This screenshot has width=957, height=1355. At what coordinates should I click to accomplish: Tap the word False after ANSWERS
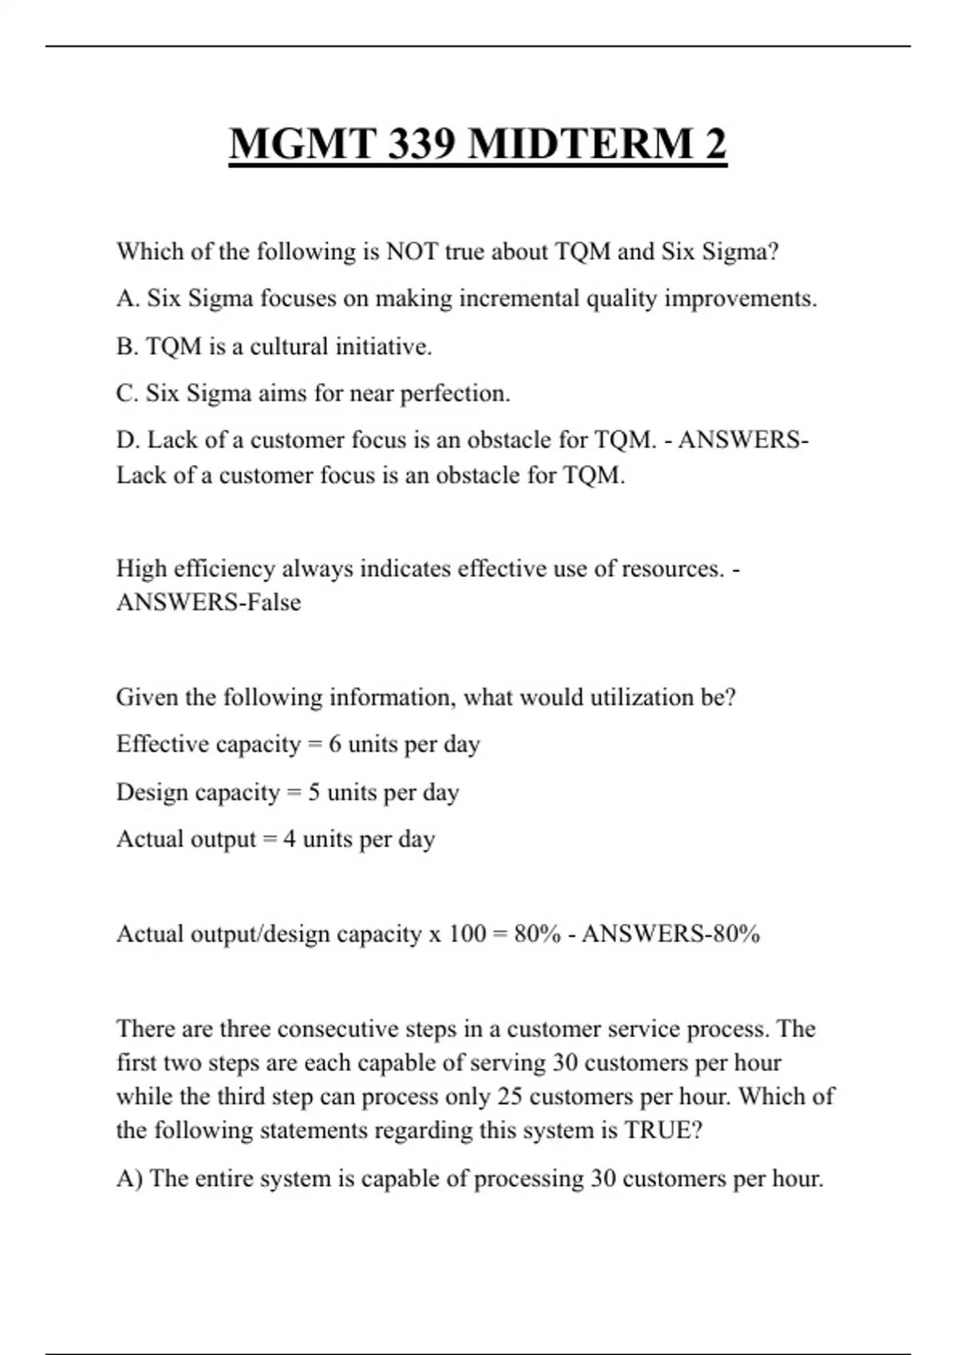coord(274,603)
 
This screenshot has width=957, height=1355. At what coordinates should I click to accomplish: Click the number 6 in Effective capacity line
coord(334,744)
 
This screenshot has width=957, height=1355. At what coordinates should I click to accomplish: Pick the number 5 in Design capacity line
coord(314,792)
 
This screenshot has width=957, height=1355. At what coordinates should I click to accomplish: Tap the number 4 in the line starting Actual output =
coord(289,839)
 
